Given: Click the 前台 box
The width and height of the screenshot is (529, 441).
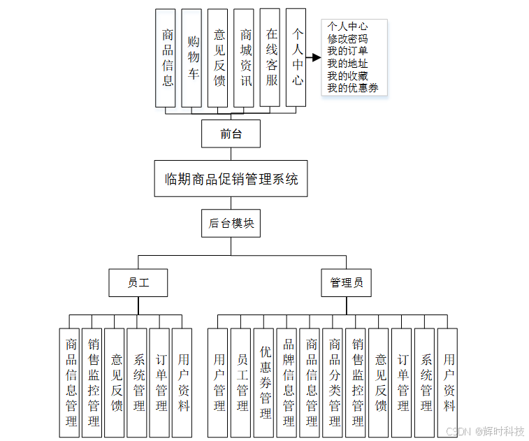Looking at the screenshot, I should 231,133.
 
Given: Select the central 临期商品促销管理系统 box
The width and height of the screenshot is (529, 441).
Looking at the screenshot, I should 231,179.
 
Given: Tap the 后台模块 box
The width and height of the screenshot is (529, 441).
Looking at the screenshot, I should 231,224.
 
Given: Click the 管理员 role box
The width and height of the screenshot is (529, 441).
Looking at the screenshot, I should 347,283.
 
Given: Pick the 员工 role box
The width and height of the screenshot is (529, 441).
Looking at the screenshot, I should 138,283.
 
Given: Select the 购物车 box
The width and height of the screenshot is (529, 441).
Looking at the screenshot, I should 191,57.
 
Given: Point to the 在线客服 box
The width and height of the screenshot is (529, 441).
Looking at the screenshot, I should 270,57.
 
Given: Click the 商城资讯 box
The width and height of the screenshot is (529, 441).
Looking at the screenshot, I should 245,57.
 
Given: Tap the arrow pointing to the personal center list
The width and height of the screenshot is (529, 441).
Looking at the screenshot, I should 312,57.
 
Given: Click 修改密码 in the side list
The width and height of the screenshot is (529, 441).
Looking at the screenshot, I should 347,39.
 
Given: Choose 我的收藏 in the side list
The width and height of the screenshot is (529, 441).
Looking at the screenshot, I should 347,75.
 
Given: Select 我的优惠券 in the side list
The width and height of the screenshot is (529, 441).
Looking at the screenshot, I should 353,88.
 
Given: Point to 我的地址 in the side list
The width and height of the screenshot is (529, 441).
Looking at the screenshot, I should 347,64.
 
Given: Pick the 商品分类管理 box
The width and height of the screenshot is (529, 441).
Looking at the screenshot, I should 333,383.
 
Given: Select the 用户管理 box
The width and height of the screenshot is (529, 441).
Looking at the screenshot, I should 219,383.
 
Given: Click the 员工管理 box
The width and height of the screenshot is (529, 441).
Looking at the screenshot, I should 242,383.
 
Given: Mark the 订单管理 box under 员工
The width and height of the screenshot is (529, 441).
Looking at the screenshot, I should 161,383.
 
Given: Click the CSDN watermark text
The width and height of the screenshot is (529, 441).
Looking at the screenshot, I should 458,431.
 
